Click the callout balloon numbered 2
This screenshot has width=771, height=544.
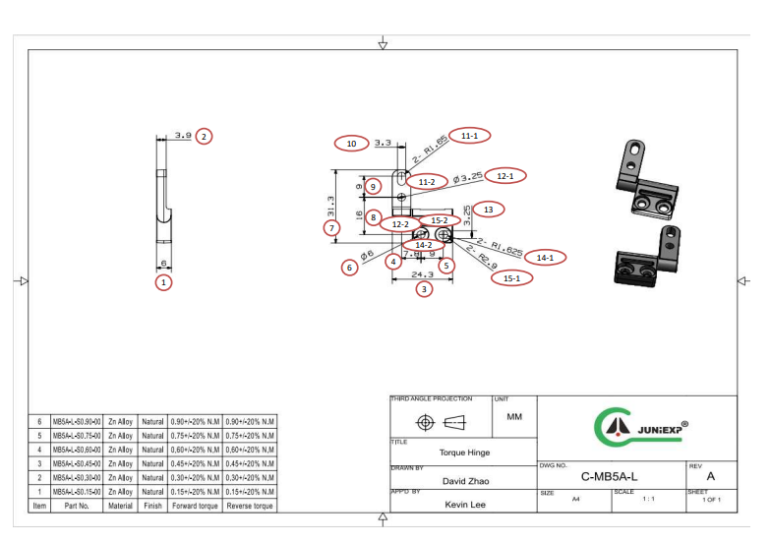204,136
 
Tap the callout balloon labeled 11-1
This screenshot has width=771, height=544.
469,135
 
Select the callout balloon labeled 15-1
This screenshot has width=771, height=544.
511,277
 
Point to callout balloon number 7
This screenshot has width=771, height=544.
331,227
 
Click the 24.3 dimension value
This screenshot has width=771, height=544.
423,273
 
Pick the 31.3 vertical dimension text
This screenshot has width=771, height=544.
331,206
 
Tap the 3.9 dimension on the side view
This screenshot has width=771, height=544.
182,136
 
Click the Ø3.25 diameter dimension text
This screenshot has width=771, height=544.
468,178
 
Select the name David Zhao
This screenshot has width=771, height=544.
465,481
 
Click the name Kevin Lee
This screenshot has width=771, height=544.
465,504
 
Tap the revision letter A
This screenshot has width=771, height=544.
710,476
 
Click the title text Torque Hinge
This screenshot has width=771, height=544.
464,453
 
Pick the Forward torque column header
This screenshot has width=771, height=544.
194,506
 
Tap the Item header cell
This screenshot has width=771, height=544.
39,506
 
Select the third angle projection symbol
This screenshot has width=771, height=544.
441,422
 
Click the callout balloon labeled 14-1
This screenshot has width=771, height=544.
544,257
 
